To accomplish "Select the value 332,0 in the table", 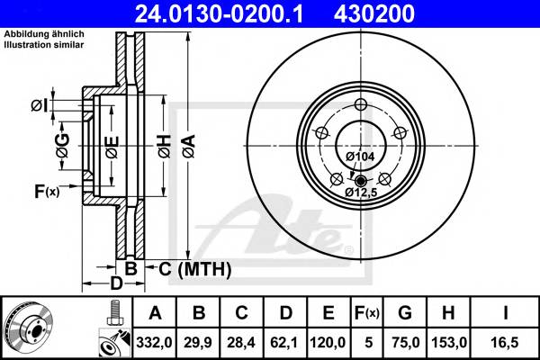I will pos(154,342).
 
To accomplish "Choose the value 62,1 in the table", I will pos(283,342).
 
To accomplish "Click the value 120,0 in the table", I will pos(328,342).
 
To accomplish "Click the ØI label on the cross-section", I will pos(38,106).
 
